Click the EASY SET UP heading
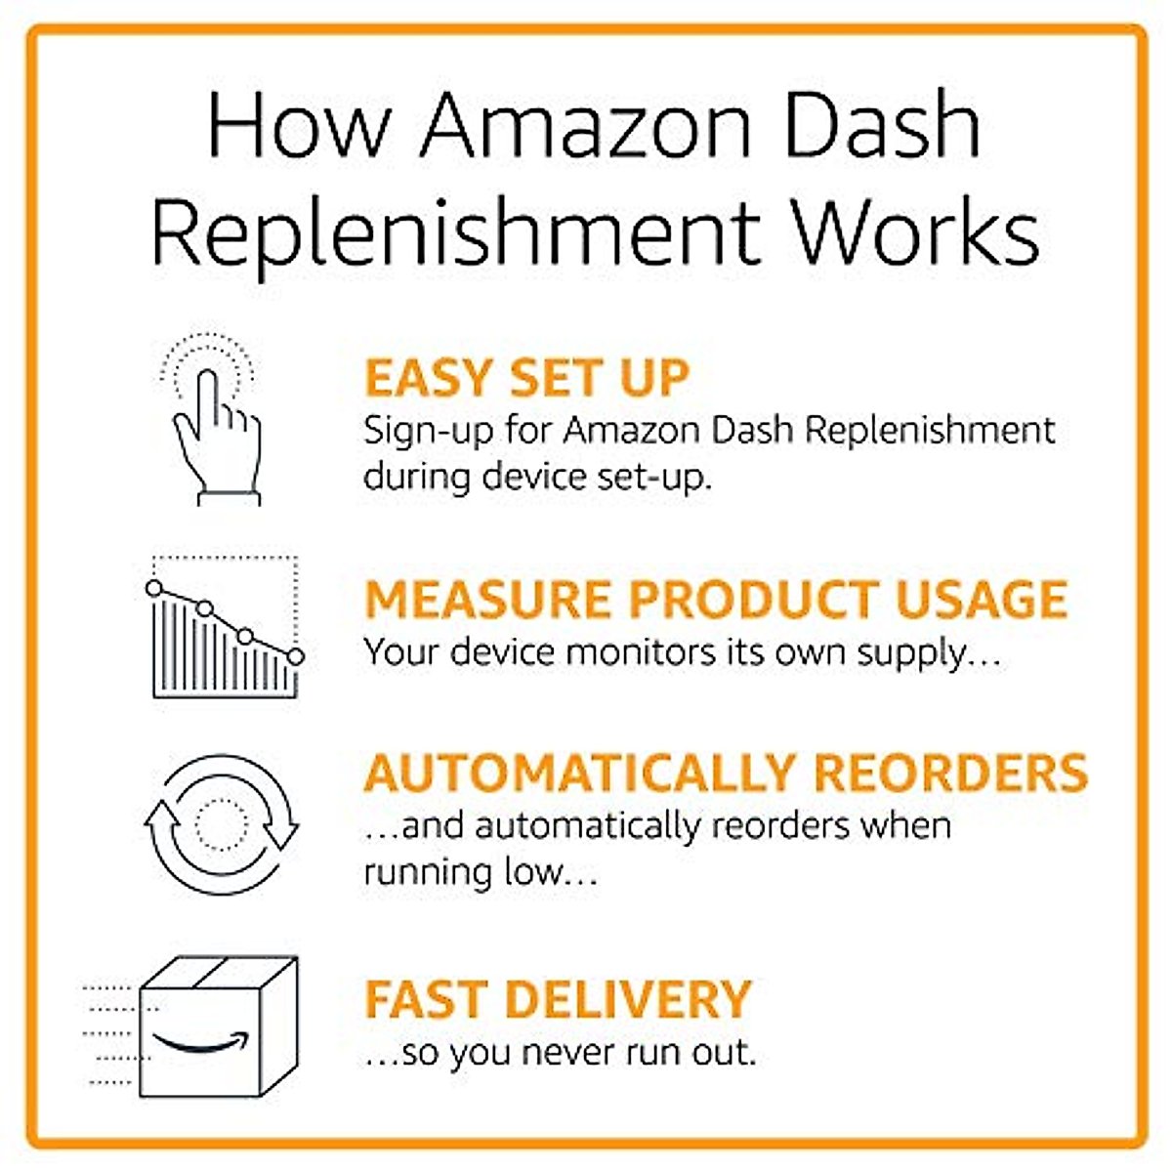point(526,379)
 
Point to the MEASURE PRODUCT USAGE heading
point(716,600)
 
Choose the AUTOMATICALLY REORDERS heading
point(726,773)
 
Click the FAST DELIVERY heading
point(558,999)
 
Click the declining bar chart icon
point(225,627)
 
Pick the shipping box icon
point(217,1025)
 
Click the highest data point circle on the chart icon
point(153,588)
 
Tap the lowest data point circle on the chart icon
point(295,656)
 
